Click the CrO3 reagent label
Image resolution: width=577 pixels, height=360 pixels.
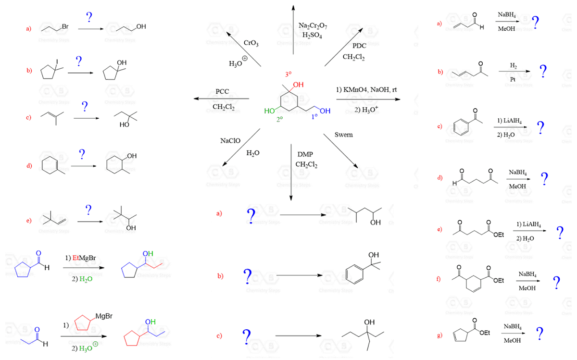[251, 43]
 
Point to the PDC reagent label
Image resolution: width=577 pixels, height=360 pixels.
[359, 46]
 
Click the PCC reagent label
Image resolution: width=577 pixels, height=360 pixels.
[222, 91]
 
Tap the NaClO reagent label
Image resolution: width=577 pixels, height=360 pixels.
[230, 141]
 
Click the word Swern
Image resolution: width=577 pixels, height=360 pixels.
[343, 135]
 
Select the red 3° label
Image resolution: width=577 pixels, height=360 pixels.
[288, 74]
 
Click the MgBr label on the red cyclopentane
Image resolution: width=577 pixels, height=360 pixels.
[103, 316]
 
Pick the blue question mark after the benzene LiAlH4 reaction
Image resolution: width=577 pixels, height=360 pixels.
[541, 127]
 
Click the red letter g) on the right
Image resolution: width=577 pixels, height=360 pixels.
[439, 335]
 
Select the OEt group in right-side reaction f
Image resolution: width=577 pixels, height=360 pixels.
[498, 281]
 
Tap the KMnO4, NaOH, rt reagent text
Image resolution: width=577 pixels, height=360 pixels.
[367, 90]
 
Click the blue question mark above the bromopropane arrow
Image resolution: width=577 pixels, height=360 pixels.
[89, 17]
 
